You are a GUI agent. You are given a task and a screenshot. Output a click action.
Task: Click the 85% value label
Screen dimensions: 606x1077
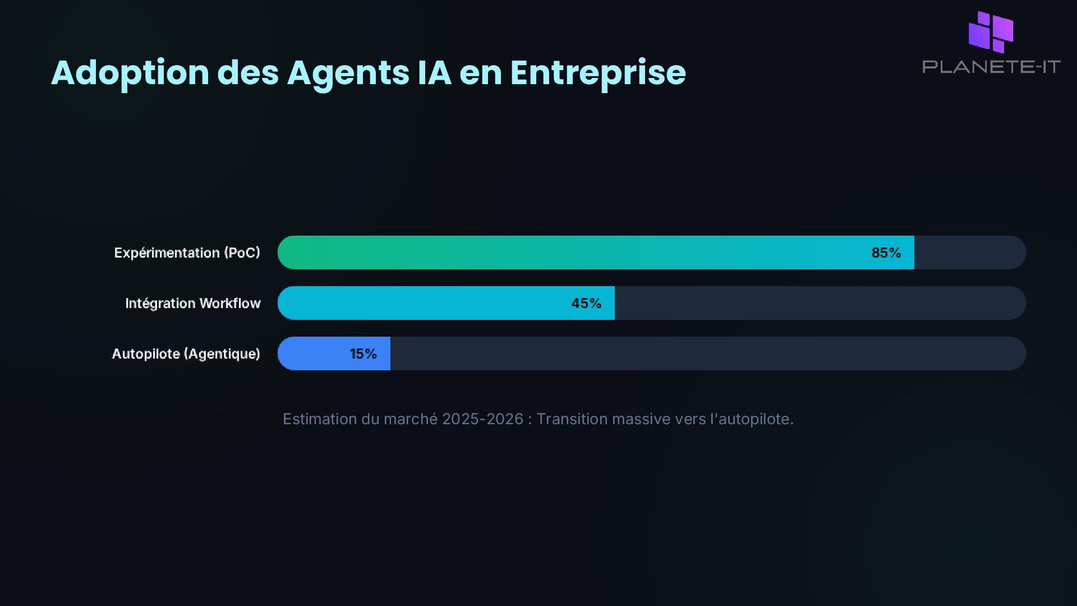[886, 252]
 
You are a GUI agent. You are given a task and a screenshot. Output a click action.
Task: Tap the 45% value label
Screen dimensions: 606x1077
[586, 303]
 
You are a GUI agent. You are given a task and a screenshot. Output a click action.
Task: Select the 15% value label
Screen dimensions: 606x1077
[363, 353]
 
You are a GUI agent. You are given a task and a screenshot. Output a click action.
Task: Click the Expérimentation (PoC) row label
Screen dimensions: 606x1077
[187, 252]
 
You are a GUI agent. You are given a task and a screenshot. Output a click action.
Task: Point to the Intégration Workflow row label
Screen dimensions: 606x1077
[192, 303]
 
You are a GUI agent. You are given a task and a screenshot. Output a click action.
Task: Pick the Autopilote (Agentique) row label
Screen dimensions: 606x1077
[186, 353]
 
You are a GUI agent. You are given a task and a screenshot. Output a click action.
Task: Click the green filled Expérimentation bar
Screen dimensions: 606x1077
[561, 252]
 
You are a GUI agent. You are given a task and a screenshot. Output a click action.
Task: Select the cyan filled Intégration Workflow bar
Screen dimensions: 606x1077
[421, 303]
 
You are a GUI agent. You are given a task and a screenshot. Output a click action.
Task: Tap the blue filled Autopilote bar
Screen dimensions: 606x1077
[314, 353]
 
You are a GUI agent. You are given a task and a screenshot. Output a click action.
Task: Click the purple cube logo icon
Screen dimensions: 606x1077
[991, 32]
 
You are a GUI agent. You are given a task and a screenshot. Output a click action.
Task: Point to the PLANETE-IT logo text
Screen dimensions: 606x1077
[991, 67]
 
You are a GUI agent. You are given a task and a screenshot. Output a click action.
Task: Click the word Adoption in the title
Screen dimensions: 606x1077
[130, 73]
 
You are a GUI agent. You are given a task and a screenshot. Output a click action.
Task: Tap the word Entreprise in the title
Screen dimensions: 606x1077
[597, 73]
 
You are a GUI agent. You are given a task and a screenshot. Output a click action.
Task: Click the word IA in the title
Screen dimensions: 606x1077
[434, 73]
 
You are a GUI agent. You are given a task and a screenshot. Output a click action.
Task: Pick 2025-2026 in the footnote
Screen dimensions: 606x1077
[482, 419]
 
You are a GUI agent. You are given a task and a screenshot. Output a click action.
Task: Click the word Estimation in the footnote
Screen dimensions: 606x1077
[320, 419]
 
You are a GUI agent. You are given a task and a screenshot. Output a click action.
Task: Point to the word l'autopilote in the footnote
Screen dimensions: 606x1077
[752, 419]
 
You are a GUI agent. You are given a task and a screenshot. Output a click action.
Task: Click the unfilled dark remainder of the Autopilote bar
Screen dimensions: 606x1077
[707, 353]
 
